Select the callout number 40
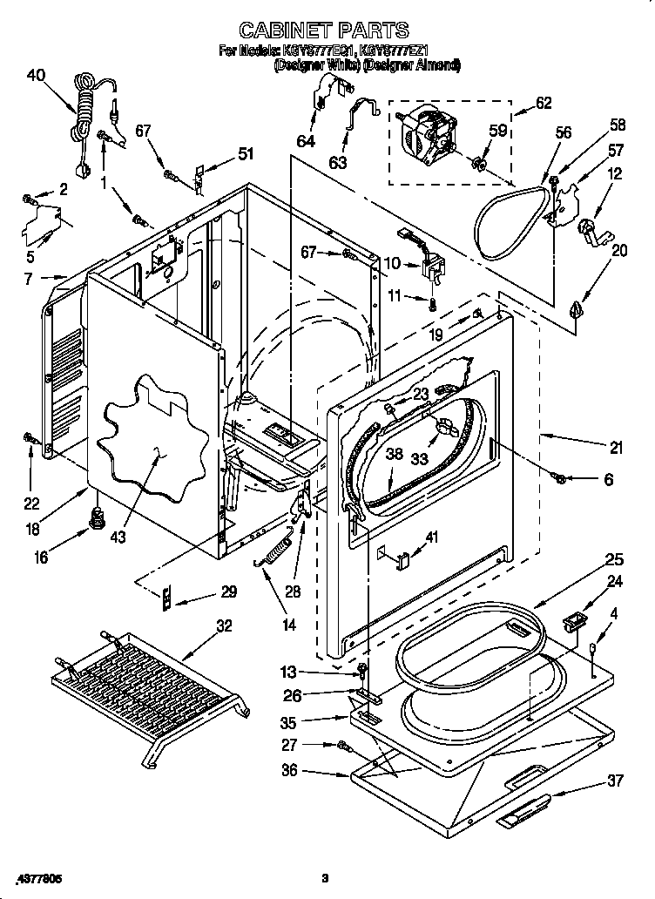coord(36,75)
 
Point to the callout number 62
coord(544,103)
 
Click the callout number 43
coord(118,537)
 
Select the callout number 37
coord(615,781)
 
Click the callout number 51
coord(246,155)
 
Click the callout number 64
coord(306,140)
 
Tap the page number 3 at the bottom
coord(323,877)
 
